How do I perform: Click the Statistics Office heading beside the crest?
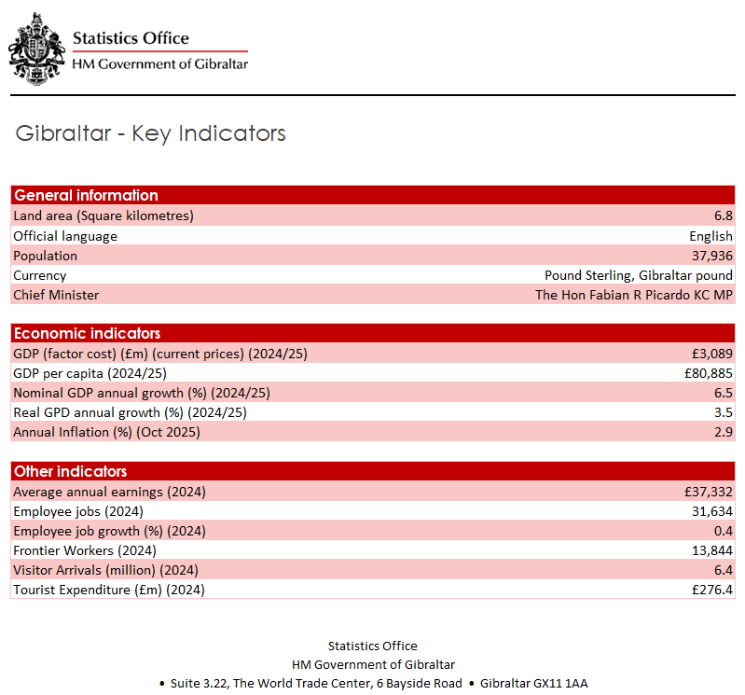point(131,38)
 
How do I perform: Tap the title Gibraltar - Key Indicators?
point(150,133)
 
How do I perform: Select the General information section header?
point(86,195)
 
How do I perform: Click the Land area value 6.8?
point(723,215)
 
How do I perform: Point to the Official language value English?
point(711,236)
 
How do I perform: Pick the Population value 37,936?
point(711,256)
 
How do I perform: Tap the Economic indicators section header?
point(87,333)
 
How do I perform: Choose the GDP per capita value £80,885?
point(708,373)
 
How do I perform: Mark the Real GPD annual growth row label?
point(130,412)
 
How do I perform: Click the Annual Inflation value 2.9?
point(723,432)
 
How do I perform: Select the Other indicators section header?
point(70,471)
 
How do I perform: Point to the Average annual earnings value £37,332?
point(708,492)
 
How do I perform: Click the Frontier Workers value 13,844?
point(711,550)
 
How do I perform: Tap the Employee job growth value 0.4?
point(723,531)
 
